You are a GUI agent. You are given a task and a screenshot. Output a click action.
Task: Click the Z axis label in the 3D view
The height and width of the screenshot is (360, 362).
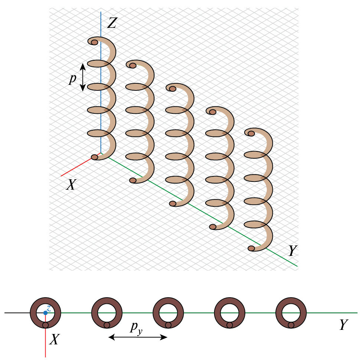[112, 23]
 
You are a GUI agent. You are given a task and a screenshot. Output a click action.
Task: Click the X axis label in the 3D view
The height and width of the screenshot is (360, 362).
[71, 184]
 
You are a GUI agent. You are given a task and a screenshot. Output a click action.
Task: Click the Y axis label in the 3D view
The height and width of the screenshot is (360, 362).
[293, 251]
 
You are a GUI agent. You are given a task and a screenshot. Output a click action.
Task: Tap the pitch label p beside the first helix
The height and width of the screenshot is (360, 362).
[72, 79]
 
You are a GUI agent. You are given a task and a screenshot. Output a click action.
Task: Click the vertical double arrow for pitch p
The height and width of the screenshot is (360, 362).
[83, 77]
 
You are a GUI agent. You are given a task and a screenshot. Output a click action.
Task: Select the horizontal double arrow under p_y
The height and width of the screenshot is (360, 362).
[138, 337]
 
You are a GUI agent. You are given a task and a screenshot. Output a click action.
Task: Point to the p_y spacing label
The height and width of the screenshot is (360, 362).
[136, 328]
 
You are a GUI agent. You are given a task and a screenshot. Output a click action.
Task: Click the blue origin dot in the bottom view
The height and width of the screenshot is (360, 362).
[45, 313]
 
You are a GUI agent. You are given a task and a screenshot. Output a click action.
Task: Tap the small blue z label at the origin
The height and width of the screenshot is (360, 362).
[49, 308]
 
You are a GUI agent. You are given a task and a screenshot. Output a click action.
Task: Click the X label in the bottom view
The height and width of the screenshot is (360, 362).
[55, 340]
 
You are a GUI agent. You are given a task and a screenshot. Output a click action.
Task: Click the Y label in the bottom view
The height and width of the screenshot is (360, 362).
[343, 325]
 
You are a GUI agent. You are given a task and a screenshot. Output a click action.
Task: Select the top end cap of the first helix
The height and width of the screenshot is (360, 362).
[94, 42]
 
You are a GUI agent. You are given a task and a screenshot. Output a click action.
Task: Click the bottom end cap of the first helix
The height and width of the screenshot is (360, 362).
[94, 157]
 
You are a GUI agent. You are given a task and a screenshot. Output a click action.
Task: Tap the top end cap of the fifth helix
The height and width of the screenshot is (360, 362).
[251, 134]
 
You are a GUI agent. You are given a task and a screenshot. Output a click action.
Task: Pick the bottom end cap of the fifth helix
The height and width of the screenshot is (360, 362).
[251, 248]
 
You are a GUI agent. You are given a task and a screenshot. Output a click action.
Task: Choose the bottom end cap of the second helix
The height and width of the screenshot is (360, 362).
[133, 180]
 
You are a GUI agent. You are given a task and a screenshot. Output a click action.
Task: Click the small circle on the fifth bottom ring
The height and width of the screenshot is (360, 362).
[291, 325]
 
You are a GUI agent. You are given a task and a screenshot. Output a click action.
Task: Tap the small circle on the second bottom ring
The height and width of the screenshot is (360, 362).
[107, 325]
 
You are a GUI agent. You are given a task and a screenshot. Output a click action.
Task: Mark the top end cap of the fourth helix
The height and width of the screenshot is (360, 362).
[213, 112]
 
